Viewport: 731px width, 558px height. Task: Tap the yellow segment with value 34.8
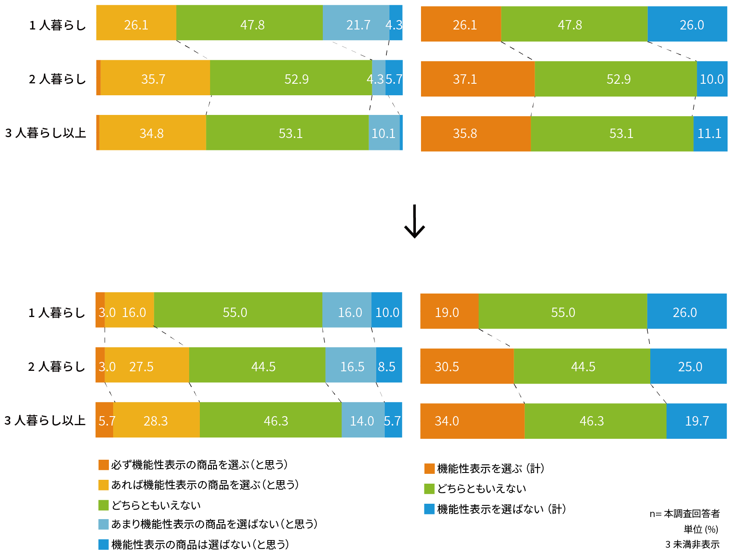(153, 132)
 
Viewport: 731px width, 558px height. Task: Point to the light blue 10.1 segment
(384, 132)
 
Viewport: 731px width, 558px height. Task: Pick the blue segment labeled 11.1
(710, 134)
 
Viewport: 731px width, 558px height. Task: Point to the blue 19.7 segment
(696, 421)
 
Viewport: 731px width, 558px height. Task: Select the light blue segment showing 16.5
(351, 365)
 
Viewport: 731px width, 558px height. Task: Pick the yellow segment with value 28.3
(156, 420)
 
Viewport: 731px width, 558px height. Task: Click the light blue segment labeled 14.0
(363, 420)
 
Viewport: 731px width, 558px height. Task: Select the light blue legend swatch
(103, 524)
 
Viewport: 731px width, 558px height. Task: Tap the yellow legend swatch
(103, 485)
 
